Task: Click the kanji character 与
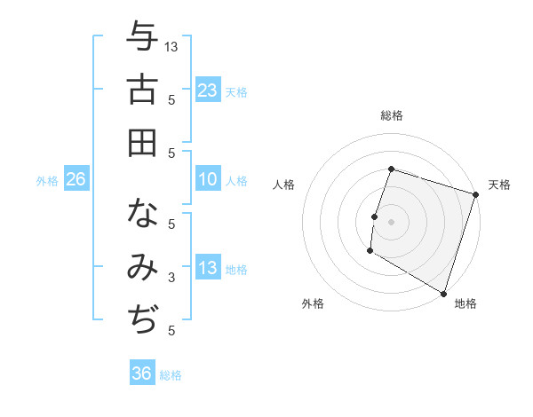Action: click(x=142, y=38)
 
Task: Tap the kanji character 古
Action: click(x=142, y=90)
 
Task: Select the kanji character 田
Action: click(x=142, y=142)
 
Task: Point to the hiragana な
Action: click(x=142, y=214)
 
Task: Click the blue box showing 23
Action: click(x=208, y=90)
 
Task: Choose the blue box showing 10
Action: click(x=208, y=179)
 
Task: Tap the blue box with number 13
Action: click(x=208, y=268)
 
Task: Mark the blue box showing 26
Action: click(x=76, y=179)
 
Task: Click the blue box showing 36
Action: click(x=142, y=374)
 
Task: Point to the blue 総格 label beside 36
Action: click(x=171, y=375)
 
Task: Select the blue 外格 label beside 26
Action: click(x=47, y=181)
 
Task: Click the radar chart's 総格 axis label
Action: click(x=391, y=116)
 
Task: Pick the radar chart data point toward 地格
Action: click(x=443, y=293)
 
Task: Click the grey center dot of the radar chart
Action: click(x=391, y=221)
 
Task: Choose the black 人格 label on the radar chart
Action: click(x=284, y=185)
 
